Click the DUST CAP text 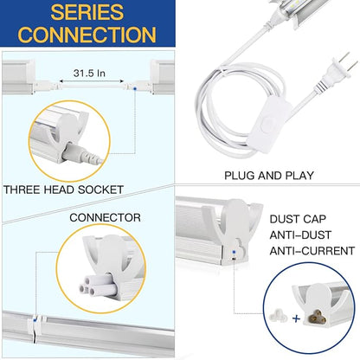[x=298, y=220]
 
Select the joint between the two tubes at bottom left [x=32, y=327]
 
